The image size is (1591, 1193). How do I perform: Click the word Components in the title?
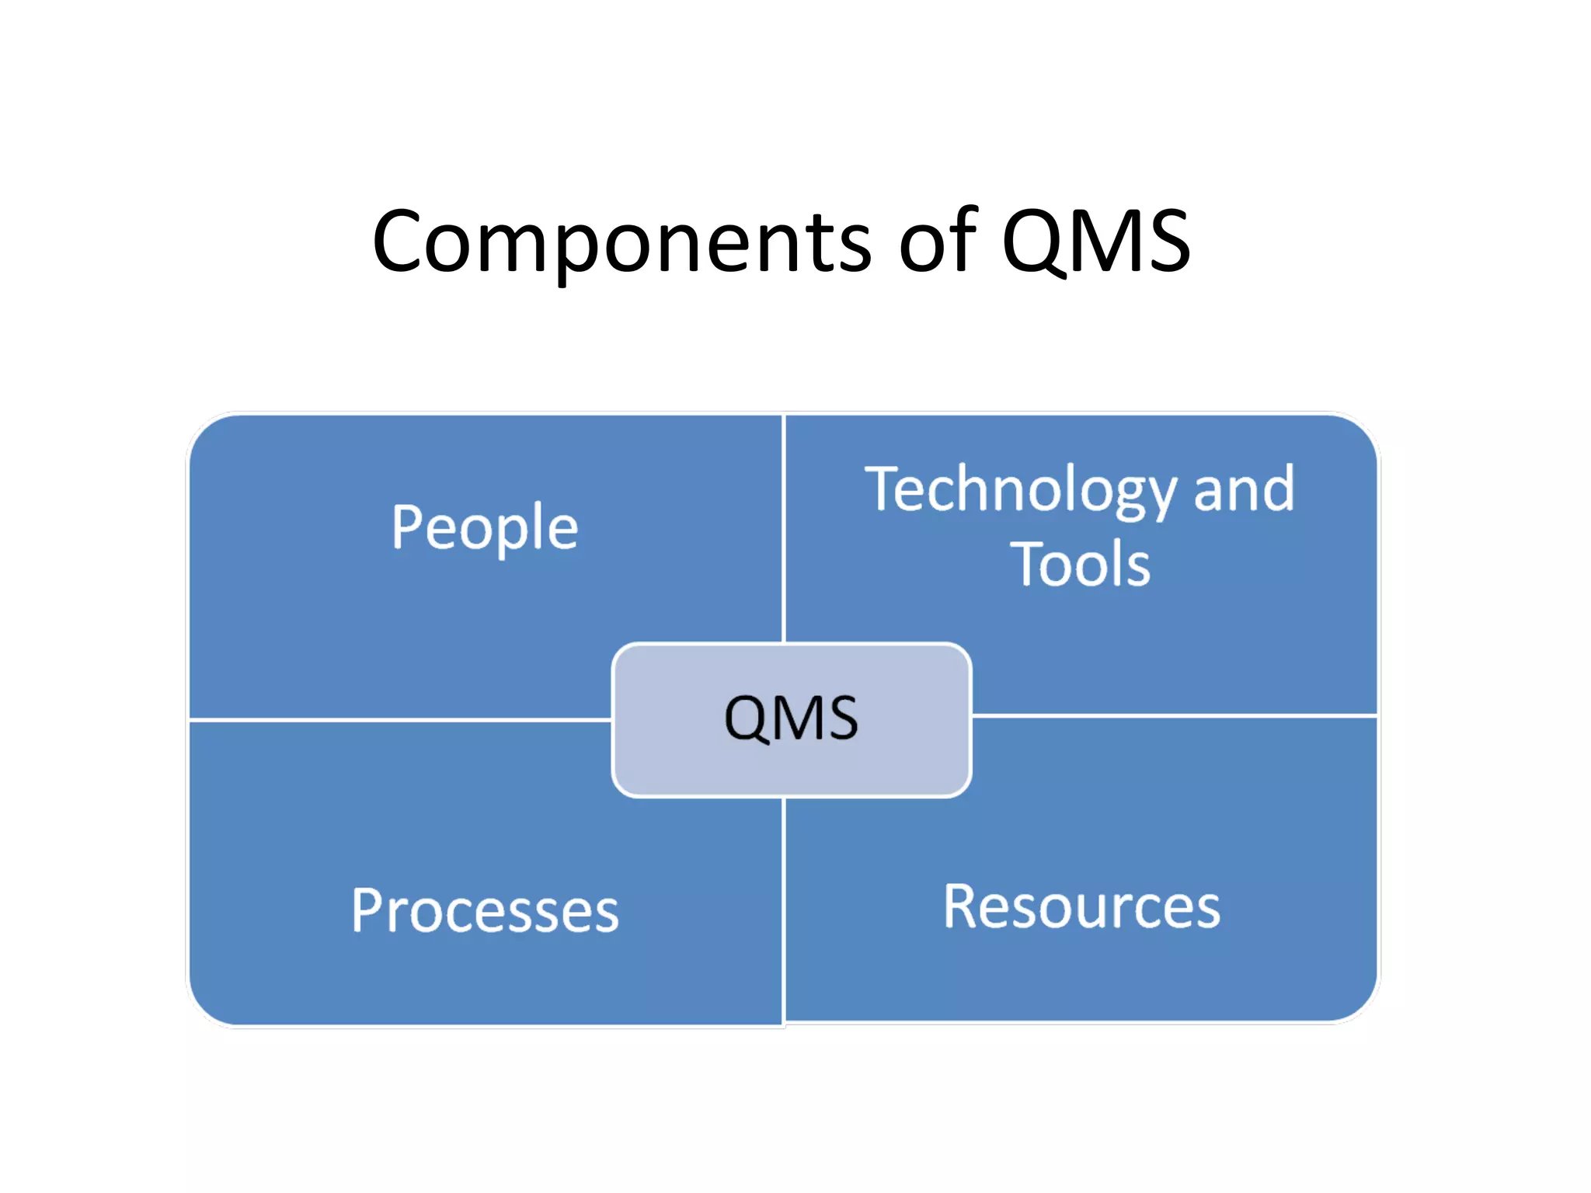coord(621,242)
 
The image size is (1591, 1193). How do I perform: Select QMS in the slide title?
coord(1095,242)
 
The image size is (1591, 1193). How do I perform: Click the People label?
coord(485,528)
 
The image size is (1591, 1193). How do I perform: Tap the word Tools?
coord(1080,564)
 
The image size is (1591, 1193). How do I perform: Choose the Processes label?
coord(485,910)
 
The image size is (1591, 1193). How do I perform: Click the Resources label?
coord(1081,906)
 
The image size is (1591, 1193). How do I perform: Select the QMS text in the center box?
coord(791,718)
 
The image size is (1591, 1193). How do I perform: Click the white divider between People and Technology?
coord(784,528)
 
